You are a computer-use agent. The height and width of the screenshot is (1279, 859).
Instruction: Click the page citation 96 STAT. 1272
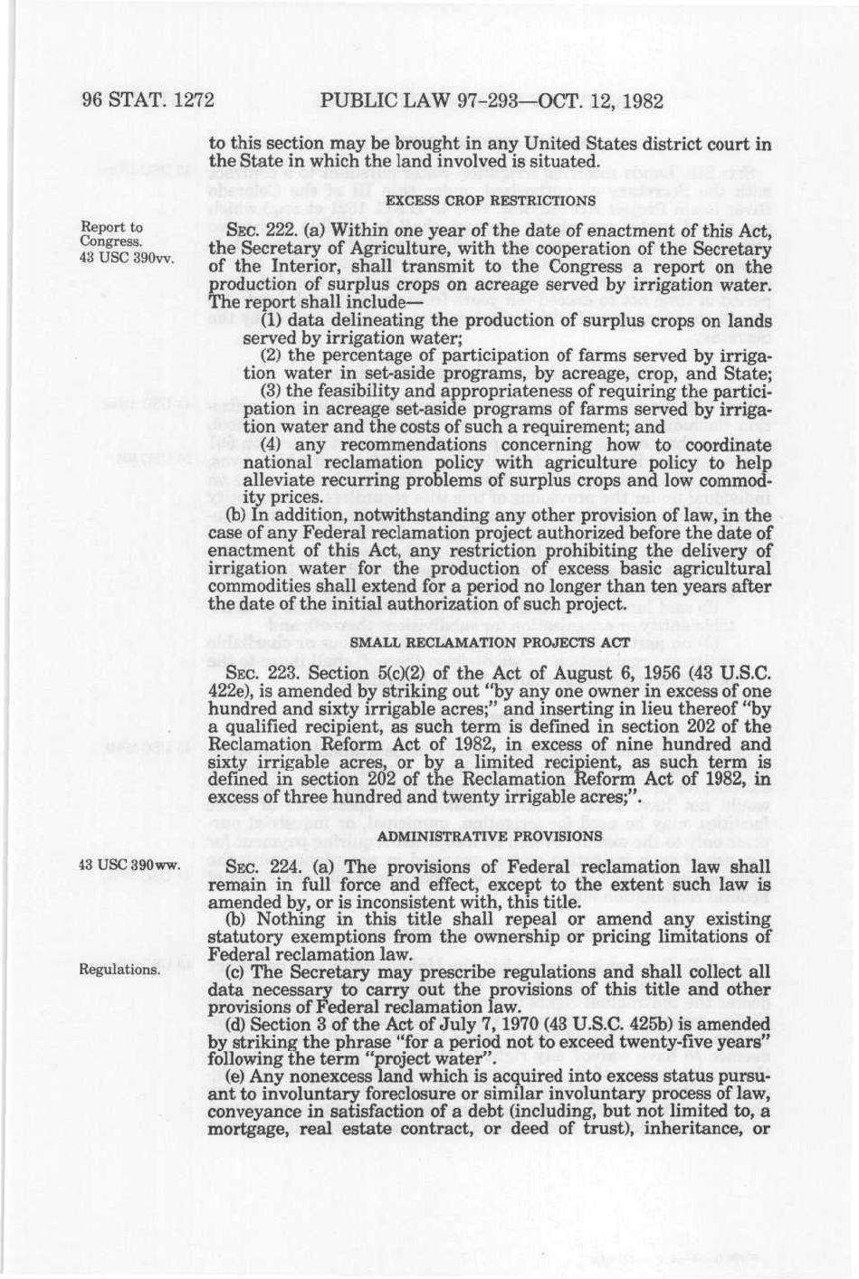[x=146, y=99]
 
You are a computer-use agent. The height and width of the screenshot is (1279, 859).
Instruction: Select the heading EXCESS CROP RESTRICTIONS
[x=490, y=200]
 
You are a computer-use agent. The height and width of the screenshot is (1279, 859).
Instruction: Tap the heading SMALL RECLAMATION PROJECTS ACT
[x=490, y=642]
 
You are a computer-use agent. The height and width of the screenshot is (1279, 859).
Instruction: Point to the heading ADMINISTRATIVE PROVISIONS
[x=490, y=835]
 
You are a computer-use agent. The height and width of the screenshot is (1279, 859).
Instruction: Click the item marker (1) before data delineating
[x=270, y=322]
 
